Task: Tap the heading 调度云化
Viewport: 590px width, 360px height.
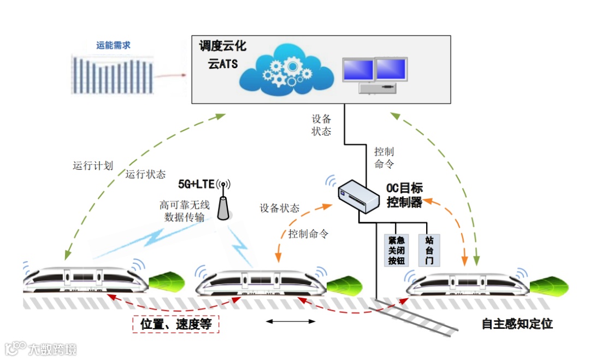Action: click(222, 46)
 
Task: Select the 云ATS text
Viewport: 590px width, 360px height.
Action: click(222, 63)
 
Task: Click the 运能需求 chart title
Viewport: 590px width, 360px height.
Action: click(114, 45)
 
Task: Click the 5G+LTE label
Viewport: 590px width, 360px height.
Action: click(197, 183)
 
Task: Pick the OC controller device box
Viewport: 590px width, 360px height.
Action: click(358, 196)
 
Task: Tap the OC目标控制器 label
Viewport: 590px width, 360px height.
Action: click(404, 195)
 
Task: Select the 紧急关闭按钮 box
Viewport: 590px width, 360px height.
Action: click(396, 251)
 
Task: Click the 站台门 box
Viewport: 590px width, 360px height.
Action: click(429, 251)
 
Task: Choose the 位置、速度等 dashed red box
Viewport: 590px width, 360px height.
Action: click(175, 323)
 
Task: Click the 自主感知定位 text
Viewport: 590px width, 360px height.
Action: click(517, 323)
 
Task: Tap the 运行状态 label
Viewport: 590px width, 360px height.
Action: click(145, 174)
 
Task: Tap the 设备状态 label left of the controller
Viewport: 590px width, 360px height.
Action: click(279, 208)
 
